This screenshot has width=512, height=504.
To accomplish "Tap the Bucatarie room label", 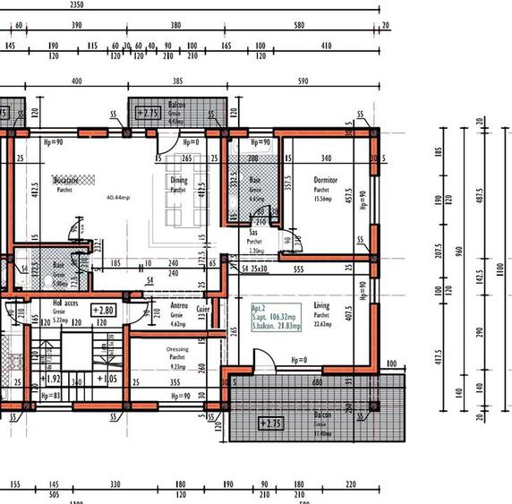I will click(x=64, y=180).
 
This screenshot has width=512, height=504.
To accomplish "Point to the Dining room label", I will click(x=179, y=180).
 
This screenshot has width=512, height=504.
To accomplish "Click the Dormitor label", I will click(x=325, y=180).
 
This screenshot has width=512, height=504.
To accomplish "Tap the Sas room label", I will click(x=254, y=232).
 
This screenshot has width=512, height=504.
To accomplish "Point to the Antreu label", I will click(x=178, y=304).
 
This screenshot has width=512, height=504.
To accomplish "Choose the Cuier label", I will click(x=203, y=310).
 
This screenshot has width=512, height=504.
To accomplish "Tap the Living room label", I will click(x=321, y=305).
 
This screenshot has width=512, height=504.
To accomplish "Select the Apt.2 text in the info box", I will click(x=260, y=306).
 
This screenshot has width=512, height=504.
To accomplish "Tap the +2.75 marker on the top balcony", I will click(x=145, y=113).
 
